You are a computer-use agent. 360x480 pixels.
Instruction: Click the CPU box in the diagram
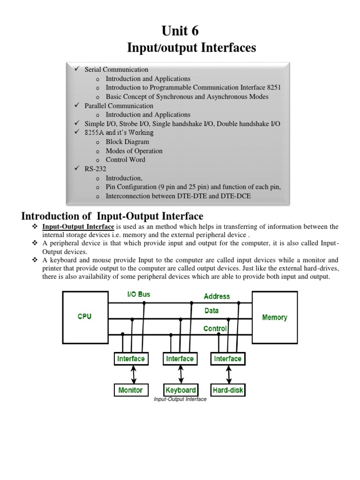click(84, 317)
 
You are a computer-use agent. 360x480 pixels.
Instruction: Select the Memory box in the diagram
click(275, 317)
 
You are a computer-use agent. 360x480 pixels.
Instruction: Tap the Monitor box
click(131, 390)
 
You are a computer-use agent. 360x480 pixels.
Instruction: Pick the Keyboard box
click(180, 390)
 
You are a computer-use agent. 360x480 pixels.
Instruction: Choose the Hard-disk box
click(228, 390)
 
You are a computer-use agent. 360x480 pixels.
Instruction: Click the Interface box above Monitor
click(131, 359)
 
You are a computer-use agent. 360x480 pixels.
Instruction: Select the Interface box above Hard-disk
click(228, 359)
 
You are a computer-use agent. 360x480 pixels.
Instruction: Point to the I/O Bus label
click(139, 295)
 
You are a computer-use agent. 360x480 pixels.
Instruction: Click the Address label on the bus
click(217, 296)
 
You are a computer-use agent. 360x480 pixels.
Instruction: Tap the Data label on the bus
click(211, 311)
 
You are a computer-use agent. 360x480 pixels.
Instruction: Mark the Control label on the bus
click(215, 329)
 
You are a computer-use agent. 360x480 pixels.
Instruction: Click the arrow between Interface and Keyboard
click(180, 375)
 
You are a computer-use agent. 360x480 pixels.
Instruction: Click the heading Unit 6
click(180, 31)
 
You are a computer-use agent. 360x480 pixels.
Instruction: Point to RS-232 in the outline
click(96, 169)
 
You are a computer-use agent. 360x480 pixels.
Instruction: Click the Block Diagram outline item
click(127, 142)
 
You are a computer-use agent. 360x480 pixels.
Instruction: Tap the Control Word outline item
click(126, 159)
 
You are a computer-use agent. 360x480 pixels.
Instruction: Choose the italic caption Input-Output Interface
click(180, 399)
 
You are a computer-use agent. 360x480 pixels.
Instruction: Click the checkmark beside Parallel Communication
click(77, 105)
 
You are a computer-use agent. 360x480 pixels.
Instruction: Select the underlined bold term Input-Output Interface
click(78, 227)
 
